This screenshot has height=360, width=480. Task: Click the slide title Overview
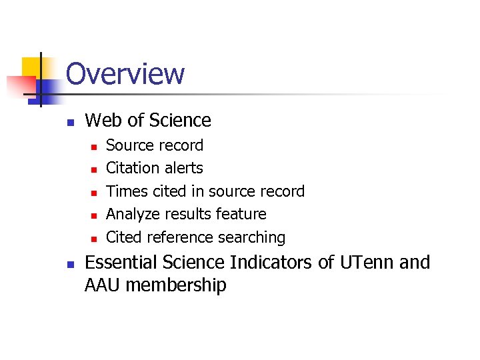[125, 74]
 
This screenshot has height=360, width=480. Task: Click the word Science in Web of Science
[180, 121]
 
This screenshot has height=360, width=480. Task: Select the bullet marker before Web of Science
[69, 122]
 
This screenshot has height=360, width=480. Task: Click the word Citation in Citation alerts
[133, 168]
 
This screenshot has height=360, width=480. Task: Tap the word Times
[127, 191]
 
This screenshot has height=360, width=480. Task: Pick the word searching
[257, 237]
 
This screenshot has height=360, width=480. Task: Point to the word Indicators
[272, 263]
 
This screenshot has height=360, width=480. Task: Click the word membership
[176, 285]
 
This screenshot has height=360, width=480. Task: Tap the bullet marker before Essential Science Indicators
[69, 264]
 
